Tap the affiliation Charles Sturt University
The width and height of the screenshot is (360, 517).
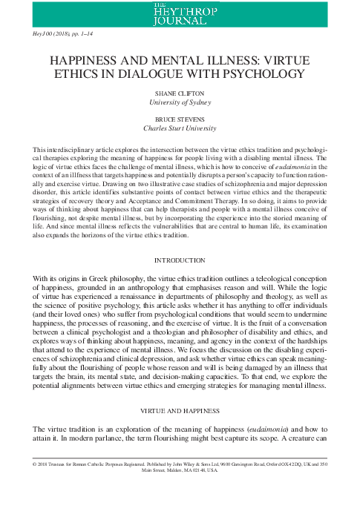coord(180,137)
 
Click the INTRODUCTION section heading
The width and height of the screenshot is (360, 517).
coord(180,261)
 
